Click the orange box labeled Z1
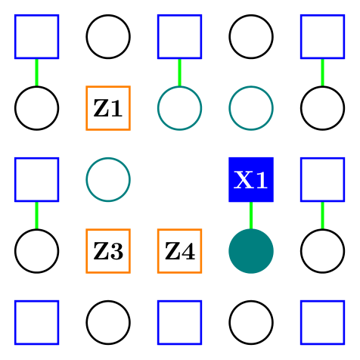[108, 108]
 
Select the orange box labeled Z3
[108, 250]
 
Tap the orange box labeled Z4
[179, 250]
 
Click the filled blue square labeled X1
[250, 179]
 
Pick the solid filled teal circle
[250, 250]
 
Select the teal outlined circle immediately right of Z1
[179, 108]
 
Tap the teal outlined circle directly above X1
[250, 108]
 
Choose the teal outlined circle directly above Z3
[108, 179]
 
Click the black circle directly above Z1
[108, 36]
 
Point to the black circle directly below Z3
[108, 322]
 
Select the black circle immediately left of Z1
[36, 108]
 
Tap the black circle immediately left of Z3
[36, 250]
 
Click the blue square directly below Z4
[179, 322]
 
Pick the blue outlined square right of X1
[322, 179]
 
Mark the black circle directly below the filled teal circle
[250, 322]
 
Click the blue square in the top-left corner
[36, 36]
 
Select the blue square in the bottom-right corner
[322, 322]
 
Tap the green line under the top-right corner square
[322, 73]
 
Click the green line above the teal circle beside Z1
[179, 73]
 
